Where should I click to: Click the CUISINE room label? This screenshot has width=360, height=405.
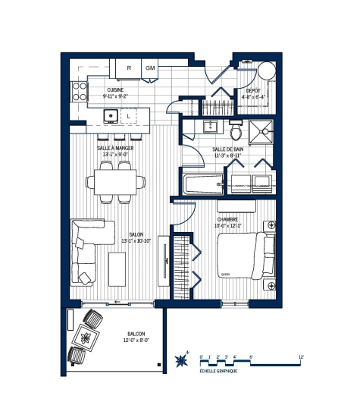115,90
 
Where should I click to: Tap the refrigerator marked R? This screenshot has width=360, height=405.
130,68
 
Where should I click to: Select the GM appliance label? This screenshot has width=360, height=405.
150,68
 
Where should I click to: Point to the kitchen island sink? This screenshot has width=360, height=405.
111,116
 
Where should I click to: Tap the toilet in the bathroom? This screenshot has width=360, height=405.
235,125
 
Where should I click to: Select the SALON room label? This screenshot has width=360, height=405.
136,235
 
